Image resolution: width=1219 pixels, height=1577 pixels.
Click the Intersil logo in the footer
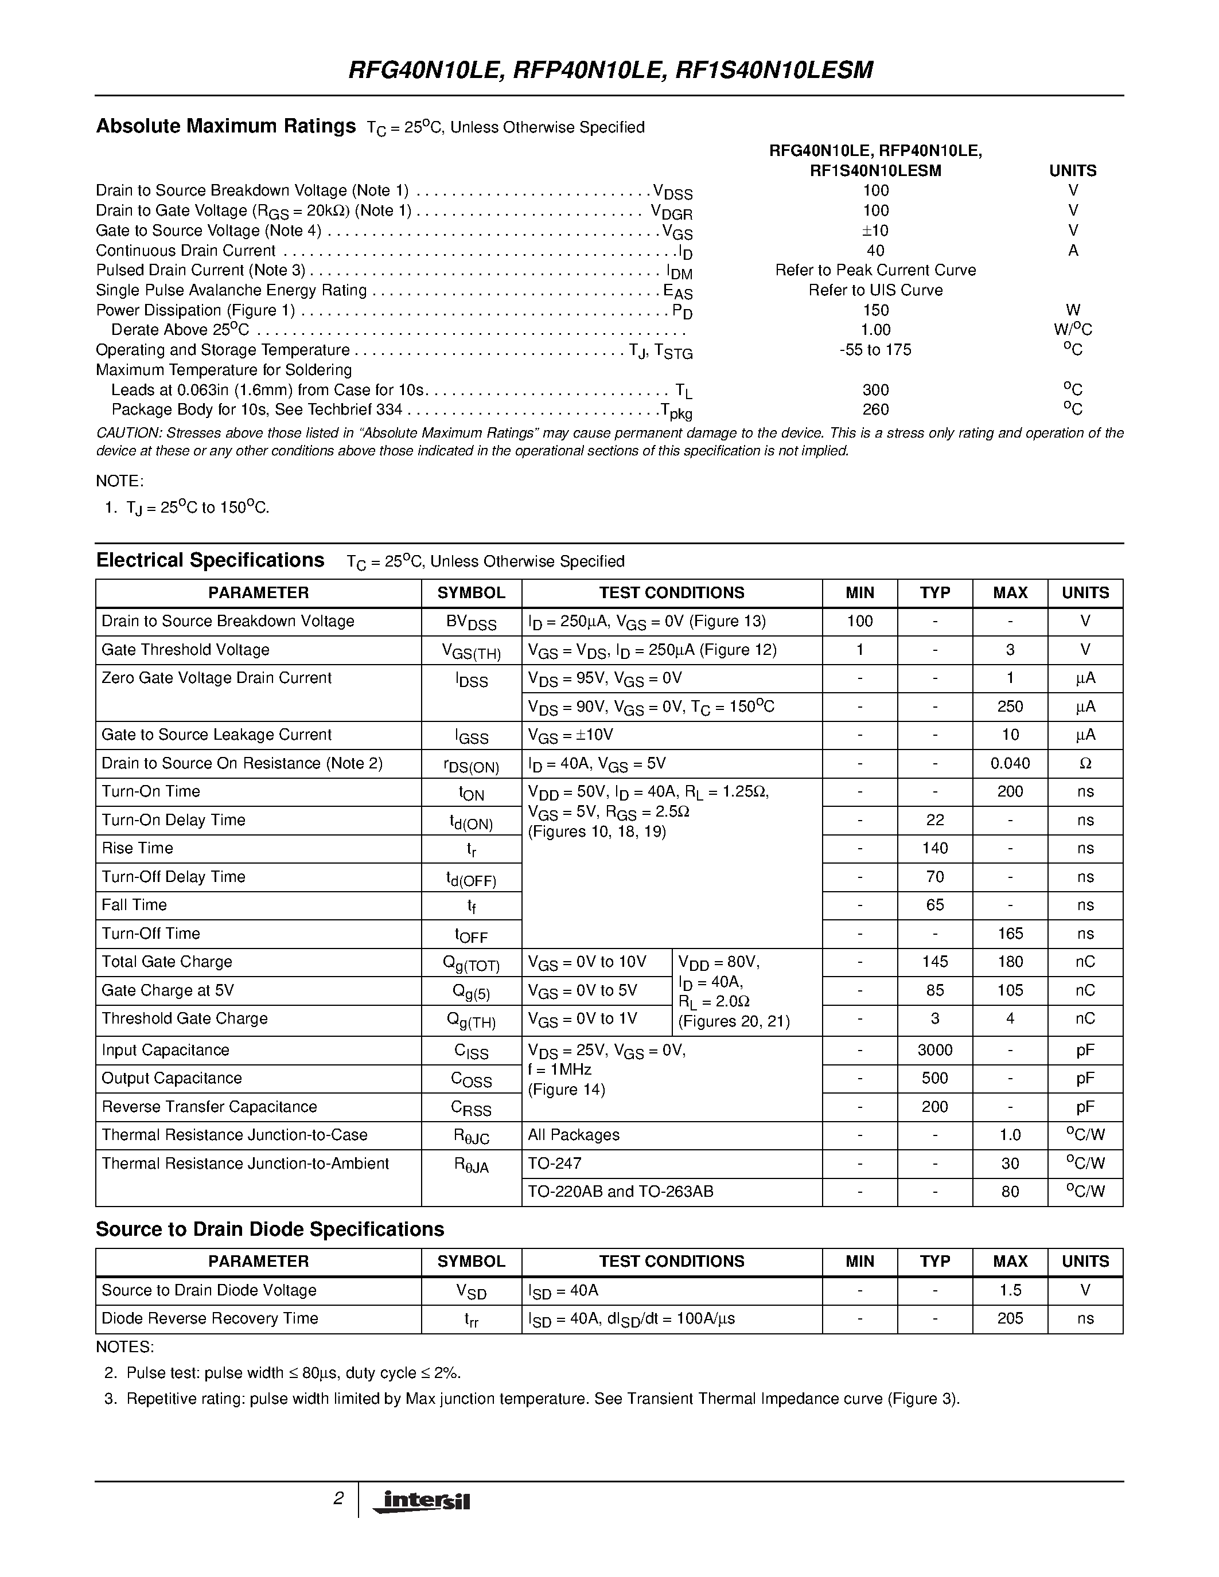422,1501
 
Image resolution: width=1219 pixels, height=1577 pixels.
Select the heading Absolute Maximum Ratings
225,126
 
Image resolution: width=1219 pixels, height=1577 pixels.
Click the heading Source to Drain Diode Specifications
270,1229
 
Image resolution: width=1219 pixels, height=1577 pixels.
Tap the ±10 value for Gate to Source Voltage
875,231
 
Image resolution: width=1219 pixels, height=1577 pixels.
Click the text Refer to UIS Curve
875,290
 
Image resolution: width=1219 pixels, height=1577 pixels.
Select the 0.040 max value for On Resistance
1010,763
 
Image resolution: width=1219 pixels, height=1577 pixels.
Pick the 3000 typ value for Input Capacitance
934,1050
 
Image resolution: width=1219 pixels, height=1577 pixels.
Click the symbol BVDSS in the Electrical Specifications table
471,622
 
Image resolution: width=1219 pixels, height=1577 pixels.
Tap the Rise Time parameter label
137,849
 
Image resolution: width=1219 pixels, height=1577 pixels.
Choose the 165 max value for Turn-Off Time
1010,934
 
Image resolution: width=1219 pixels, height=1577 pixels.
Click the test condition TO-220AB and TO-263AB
620,1192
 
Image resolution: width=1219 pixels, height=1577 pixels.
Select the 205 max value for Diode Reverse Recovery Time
1010,1318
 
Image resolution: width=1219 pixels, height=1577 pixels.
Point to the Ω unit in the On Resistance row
1085,763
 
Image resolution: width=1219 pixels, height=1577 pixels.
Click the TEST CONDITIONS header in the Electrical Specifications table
672,593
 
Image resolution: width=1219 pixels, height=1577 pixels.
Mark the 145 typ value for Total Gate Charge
934,962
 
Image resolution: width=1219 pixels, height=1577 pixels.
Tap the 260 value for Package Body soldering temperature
875,409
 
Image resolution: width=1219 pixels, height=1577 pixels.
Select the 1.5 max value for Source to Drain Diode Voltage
1010,1290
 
